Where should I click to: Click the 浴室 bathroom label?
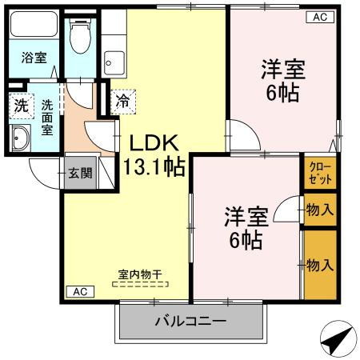pyautogui.click(x=33, y=57)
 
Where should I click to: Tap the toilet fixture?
pyautogui.click(x=78, y=35)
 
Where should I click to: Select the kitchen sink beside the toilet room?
pyautogui.click(x=114, y=59)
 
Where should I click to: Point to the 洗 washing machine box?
pyautogui.click(x=18, y=104)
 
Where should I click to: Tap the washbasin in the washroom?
pyautogui.click(x=19, y=138)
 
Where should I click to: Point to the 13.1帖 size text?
pyautogui.click(x=154, y=167)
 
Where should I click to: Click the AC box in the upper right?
pyautogui.click(x=318, y=17)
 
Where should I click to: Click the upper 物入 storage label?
pyautogui.click(x=320, y=210)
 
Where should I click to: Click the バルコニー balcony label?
pyautogui.click(x=190, y=322)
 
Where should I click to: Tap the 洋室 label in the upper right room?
pyautogui.click(x=282, y=69)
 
